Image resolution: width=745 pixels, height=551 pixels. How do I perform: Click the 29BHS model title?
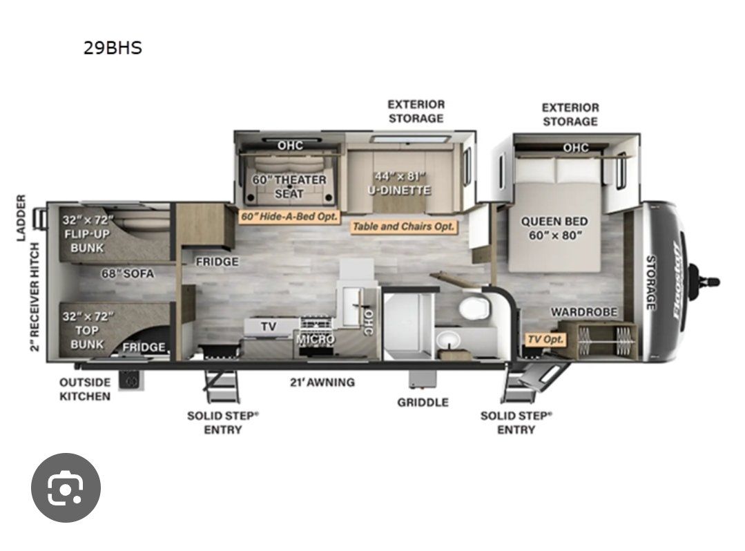click(113, 48)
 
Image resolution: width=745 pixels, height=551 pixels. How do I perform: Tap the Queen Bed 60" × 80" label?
click(554, 228)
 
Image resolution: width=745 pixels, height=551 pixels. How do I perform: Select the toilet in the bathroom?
click(474, 307)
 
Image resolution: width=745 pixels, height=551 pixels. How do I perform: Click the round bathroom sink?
click(448, 339)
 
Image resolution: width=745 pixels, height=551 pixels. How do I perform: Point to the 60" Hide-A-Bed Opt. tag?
click(289, 217)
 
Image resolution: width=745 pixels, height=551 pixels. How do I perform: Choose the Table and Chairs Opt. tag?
click(403, 226)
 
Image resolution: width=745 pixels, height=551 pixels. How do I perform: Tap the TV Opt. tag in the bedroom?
click(545, 339)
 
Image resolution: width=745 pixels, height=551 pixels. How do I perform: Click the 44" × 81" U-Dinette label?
click(400, 184)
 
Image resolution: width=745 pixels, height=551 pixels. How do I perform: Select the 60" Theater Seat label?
click(289, 186)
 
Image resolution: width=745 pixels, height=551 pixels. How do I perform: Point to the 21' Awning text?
click(322, 383)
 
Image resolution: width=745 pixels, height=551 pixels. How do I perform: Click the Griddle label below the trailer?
click(423, 403)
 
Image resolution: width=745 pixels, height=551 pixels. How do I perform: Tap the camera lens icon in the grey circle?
click(66, 488)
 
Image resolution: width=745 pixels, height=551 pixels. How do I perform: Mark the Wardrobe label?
click(584, 312)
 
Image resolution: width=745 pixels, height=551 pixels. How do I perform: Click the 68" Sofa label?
click(127, 273)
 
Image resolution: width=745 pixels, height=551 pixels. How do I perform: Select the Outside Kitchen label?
click(85, 389)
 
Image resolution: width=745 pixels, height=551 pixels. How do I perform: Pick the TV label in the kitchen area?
click(269, 327)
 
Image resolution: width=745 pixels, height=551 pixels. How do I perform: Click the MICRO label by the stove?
click(316, 340)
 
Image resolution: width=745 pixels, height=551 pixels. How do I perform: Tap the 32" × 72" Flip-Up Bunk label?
click(88, 233)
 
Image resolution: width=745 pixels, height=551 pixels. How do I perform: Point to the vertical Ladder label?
click(21, 217)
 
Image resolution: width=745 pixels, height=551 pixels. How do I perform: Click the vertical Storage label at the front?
click(650, 282)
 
